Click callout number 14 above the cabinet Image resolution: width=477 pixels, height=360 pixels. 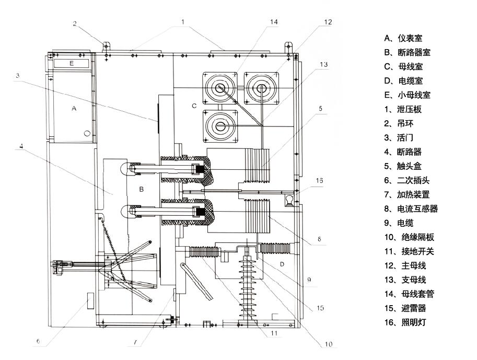click(x=274, y=22)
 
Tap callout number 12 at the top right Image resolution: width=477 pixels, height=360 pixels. click(x=328, y=22)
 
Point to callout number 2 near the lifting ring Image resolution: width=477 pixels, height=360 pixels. click(x=75, y=24)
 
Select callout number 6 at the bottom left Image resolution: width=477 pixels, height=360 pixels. click(x=38, y=341)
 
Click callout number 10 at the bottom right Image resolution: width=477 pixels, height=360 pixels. click(x=329, y=344)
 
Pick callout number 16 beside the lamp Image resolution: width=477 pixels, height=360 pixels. click(x=320, y=180)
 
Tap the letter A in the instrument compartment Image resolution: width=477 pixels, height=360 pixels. click(x=74, y=109)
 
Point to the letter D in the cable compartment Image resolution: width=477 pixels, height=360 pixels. click(x=282, y=264)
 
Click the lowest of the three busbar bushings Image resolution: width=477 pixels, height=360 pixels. click(x=220, y=126)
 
